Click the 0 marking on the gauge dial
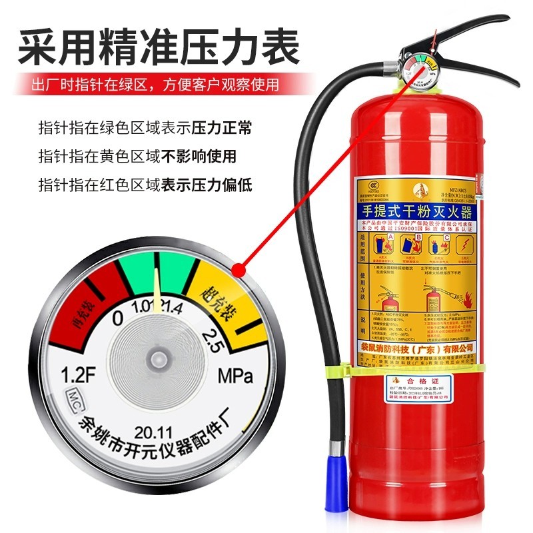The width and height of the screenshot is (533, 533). coord(118,318)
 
